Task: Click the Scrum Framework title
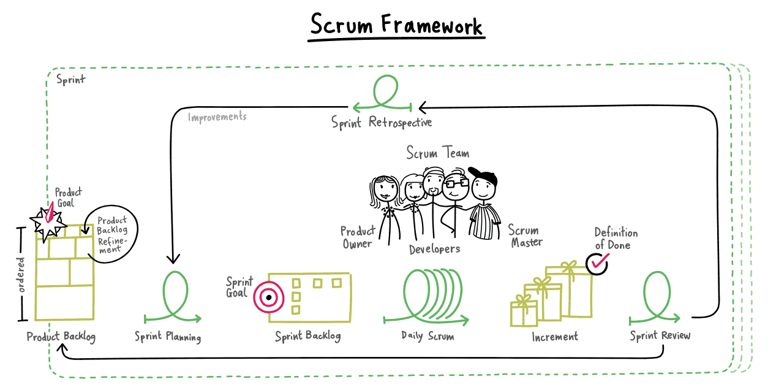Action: pos(396,25)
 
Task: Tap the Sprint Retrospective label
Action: pos(382,122)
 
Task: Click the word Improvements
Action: pos(217,117)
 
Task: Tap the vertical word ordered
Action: pos(21,274)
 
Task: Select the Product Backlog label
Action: pos(61,337)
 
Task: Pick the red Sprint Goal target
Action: pos(268,297)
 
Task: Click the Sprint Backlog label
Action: pos(307,336)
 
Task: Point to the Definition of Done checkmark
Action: pos(598,263)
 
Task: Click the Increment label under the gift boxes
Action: pos(554,337)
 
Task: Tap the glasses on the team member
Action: pos(456,183)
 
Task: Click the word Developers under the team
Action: pos(434,249)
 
